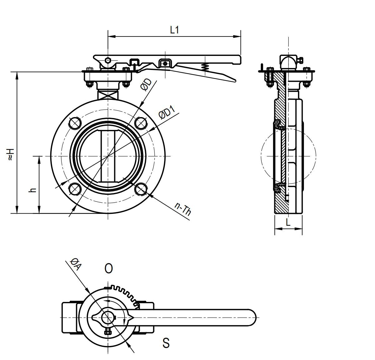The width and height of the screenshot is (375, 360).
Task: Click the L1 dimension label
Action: [174, 30]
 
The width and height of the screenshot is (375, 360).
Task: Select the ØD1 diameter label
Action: [165, 112]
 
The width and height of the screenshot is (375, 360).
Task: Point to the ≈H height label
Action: [11, 155]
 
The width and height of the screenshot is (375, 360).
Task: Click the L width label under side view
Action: [288, 222]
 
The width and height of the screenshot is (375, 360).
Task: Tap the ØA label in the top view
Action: [75, 264]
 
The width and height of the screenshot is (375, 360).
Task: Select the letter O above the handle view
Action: [108, 269]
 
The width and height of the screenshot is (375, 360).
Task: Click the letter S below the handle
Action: [166, 343]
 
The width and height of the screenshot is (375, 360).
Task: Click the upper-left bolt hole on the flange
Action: [75, 123]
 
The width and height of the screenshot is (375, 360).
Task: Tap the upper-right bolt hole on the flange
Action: [141, 123]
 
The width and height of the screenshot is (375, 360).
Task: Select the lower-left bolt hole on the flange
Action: [75, 189]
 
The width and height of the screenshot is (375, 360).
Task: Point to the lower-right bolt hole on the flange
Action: [141, 189]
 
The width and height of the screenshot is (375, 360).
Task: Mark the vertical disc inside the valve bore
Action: [108, 156]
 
